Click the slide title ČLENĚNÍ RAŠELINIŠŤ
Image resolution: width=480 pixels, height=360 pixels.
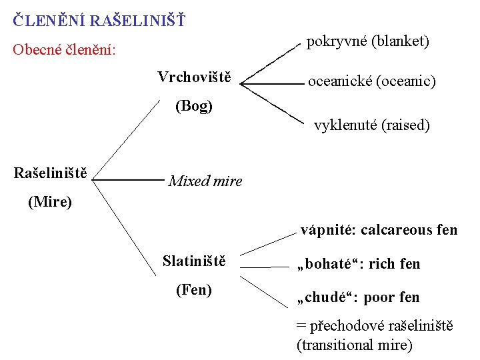click(x=99, y=20)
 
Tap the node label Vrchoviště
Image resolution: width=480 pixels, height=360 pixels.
click(x=194, y=77)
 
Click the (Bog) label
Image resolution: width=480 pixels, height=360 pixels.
click(x=194, y=106)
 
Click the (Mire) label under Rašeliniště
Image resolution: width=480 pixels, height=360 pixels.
click(x=50, y=201)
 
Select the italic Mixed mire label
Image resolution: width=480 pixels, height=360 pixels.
click(x=205, y=181)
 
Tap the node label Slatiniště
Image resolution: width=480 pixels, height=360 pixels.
click(x=194, y=260)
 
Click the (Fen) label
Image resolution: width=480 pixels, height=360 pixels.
click(x=193, y=289)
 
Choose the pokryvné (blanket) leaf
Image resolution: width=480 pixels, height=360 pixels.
click(x=368, y=41)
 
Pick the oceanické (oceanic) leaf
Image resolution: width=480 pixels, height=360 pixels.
click(x=371, y=81)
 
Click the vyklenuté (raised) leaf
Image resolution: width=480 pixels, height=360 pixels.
click(x=372, y=125)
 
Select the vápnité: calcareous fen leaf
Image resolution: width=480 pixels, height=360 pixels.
click(x=379, y=230)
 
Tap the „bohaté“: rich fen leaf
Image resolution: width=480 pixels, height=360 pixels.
click(x=358, y=264)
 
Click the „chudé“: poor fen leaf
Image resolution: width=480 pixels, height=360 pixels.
click(x=358, y=297)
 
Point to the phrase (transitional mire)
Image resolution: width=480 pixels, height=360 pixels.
click(x=354, y=345)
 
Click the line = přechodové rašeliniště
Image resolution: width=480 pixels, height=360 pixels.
click(x=374, y=326)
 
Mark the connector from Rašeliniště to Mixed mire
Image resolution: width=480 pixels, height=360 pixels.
click(x=128, y=179)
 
